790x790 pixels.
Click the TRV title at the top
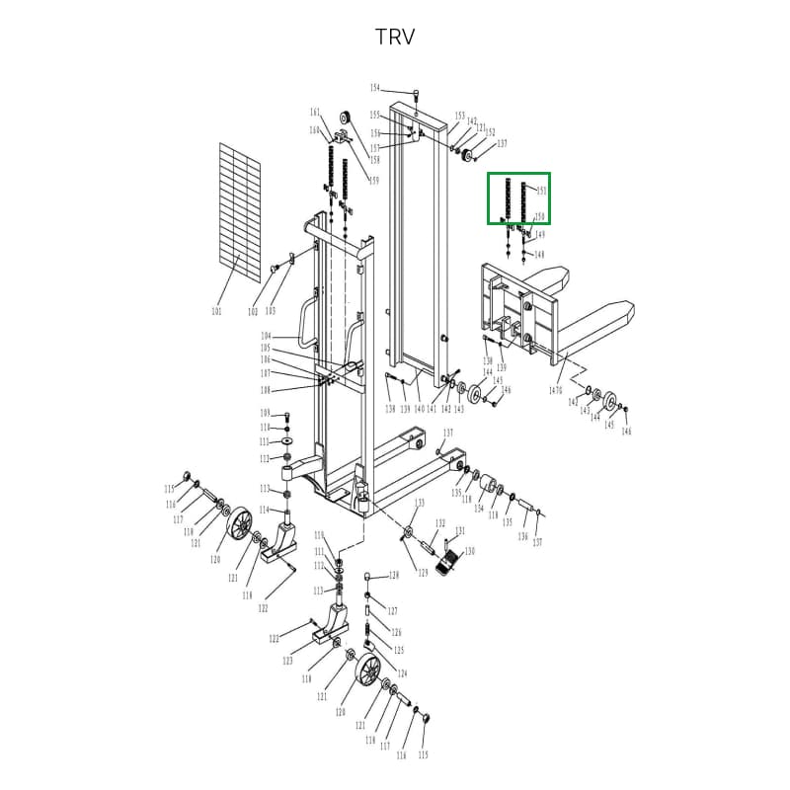[395, 38]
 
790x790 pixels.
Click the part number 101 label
[217, 312]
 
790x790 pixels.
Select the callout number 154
[375, 89]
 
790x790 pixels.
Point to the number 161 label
[315, 112]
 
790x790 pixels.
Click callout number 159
[374, 181]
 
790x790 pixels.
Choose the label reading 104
[266, 337]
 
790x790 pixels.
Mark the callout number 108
[266, 389]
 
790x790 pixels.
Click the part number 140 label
[419, 409]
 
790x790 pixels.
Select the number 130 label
[470, 551]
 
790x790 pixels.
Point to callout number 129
[423, 574]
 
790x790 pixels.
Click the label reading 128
[393, 575]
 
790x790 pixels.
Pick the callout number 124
[402, 673]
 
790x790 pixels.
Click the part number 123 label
[287, 661]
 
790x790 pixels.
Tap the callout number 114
[265, 510]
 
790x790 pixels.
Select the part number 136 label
[523, 536]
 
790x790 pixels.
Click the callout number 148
[539, 255]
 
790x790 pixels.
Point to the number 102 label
[253, 312]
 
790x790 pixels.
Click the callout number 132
[440, 523]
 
